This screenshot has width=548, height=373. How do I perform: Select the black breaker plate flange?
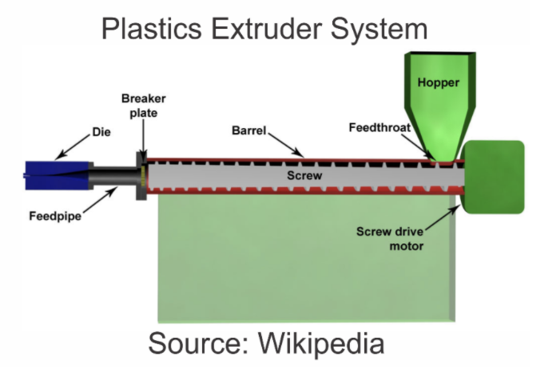click(141, 175)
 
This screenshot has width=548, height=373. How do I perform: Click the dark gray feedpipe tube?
click(108, 174)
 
